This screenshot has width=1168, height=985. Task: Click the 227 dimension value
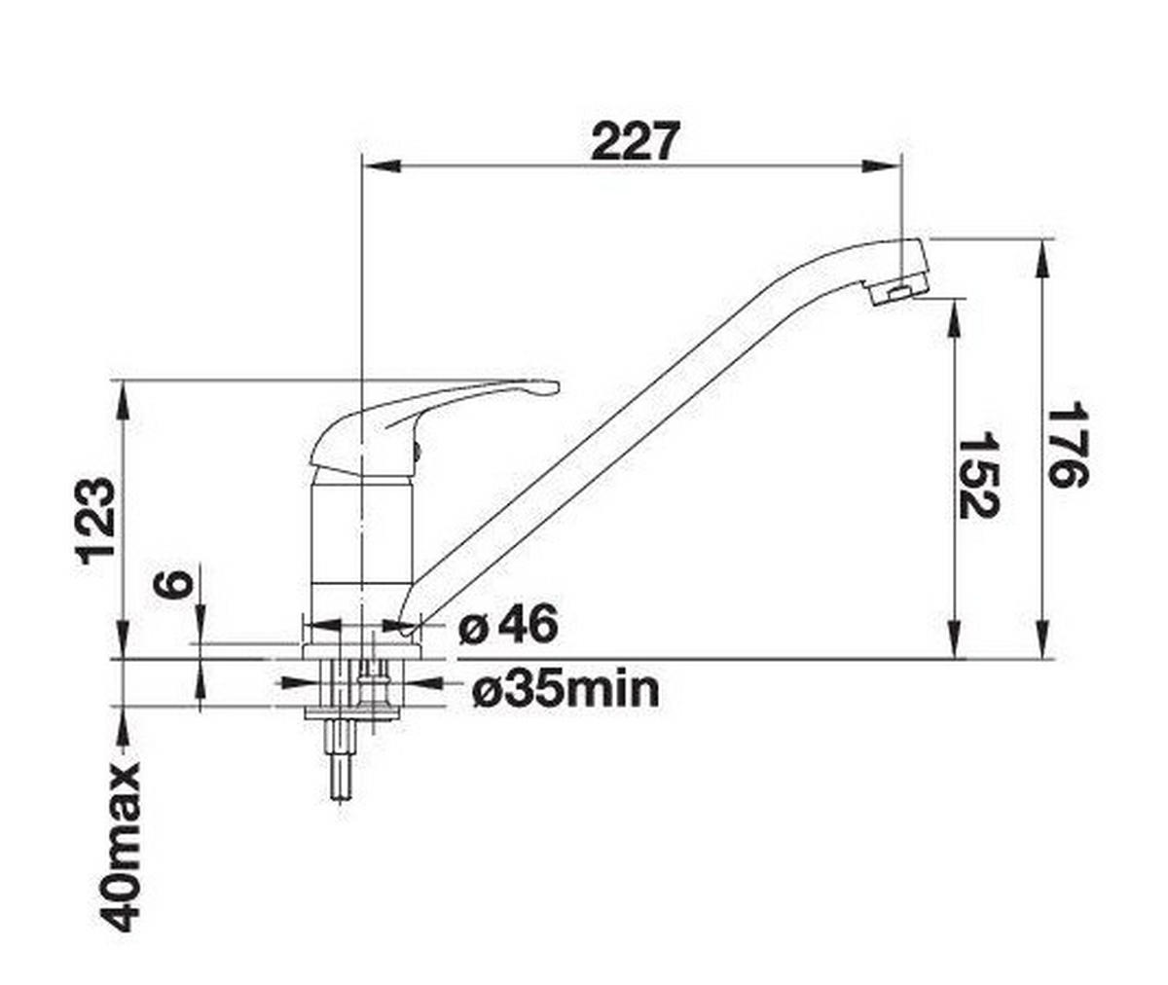[x=633, y=142]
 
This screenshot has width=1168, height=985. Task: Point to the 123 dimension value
[x=97, y=521]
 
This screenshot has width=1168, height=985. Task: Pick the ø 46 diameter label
[x=508, y=625]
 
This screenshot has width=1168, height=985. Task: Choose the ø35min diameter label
[x=566, y=690]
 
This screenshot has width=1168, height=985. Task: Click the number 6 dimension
[x=172, y=586]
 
